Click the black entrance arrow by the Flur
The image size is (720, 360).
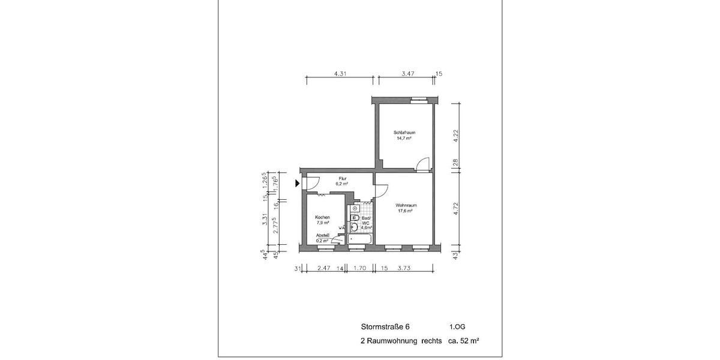point(298,184)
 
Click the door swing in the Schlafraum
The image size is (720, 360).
point(424,163)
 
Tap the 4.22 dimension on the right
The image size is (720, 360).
point(455,136)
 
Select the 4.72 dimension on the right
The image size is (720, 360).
point(455,209)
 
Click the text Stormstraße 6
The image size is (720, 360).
point(385,327)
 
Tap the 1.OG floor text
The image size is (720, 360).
point(457,327)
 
